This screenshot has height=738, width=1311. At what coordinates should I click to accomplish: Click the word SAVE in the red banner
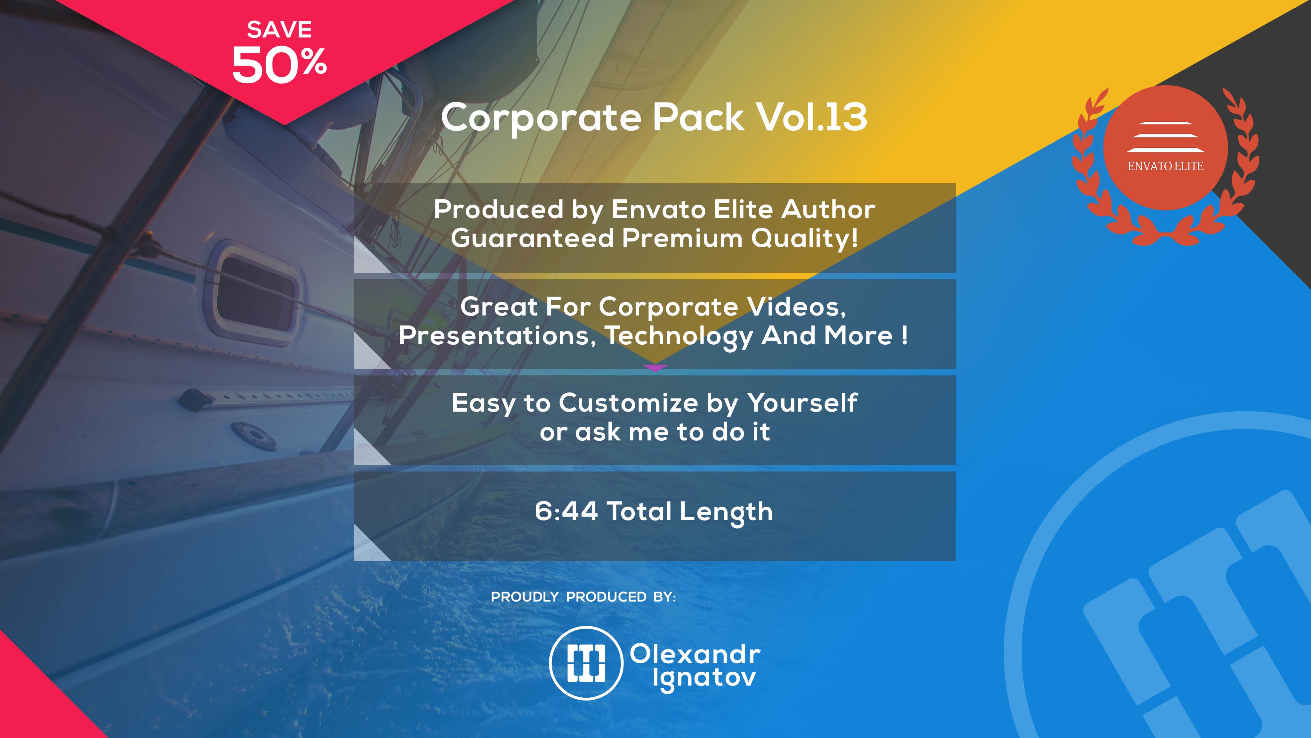click(279, 29)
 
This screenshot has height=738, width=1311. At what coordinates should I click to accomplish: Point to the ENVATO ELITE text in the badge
click(1165, 166)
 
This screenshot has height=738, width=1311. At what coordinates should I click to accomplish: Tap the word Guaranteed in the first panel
click(532, 238)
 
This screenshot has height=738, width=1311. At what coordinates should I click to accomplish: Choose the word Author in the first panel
click(829, 209)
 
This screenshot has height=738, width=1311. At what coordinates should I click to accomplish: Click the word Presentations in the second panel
click(497, 336)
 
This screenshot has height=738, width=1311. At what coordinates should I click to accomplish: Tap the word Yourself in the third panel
click(803, 403)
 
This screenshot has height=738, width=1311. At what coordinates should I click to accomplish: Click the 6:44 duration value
click(566, 511)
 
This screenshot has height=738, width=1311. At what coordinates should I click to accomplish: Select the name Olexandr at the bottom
click(695, 654)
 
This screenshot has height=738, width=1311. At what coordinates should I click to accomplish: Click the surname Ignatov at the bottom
click(704, 679)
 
